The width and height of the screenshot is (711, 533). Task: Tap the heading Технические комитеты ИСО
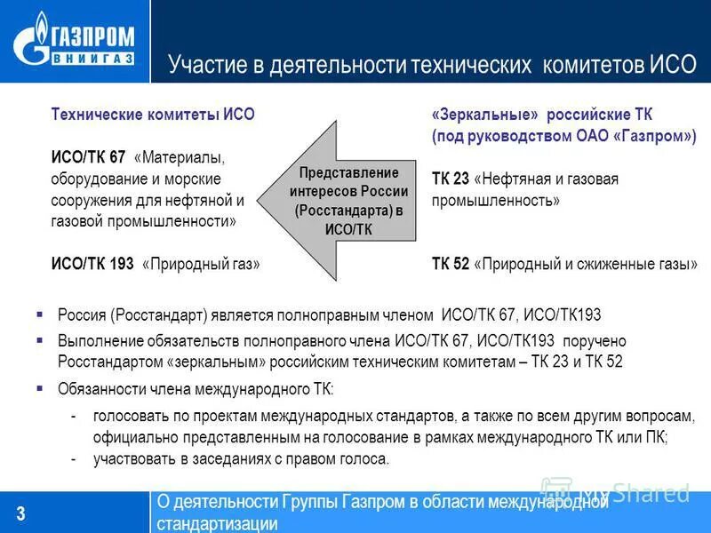[x=153, y=115]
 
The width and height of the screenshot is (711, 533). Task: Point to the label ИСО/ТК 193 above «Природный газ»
[x=92, y=264]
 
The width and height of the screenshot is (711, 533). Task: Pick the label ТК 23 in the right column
[x=451, y=179]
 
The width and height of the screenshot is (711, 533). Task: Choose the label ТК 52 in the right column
[x=451, y=264]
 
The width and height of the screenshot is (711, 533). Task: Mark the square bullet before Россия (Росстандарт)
[x=40, y=314]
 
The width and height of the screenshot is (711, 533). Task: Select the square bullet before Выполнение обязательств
[x=40, y=340]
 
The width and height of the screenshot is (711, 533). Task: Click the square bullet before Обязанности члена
[x=40, y=388]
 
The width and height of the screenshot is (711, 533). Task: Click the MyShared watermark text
[x=634, y=491]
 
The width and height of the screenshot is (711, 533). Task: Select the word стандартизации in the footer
[x=218, y=523]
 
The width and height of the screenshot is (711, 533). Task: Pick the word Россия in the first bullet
[x=83, y=315]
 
